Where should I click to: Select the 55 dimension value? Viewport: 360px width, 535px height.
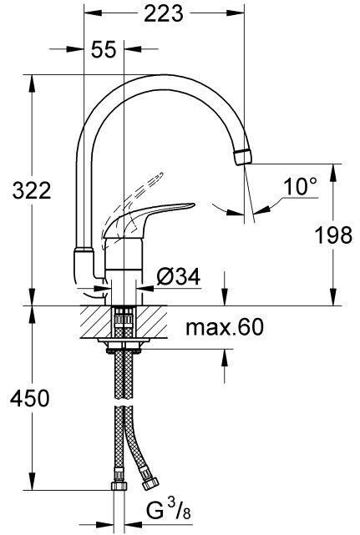[103, 51]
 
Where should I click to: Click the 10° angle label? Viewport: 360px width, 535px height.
[299, 187]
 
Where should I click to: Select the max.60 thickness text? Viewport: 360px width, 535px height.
[221, 326]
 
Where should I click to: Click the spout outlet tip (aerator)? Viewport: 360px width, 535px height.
[243, 156]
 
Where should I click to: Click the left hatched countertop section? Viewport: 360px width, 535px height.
[96, 320]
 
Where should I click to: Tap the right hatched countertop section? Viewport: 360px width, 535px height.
[151, 320]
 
